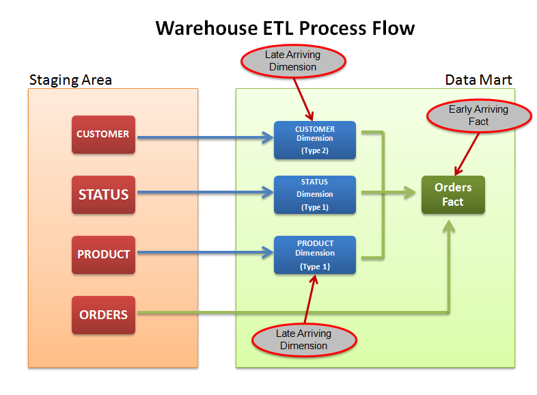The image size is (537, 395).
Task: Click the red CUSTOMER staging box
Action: [103, 135]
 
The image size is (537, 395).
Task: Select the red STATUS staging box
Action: [103, 195]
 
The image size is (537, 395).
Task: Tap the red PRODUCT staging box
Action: [103, 254]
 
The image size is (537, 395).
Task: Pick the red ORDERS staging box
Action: [103, 315]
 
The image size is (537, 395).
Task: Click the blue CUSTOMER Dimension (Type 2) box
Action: [315, 140]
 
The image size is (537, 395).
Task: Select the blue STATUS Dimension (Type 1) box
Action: [315, 195]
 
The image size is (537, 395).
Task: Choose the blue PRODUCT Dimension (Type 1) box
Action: [315, 255]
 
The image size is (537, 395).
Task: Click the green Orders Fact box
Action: [452, 195]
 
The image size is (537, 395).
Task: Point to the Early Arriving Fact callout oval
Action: [478, 115]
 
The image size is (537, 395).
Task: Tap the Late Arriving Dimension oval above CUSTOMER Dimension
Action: [292, 61]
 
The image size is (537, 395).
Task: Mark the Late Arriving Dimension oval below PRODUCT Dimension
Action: [304, 340]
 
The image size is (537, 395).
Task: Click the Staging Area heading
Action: [70, 80]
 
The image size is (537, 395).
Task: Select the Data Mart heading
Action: [478, 80]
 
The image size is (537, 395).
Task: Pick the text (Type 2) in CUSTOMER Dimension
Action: [315, 151]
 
